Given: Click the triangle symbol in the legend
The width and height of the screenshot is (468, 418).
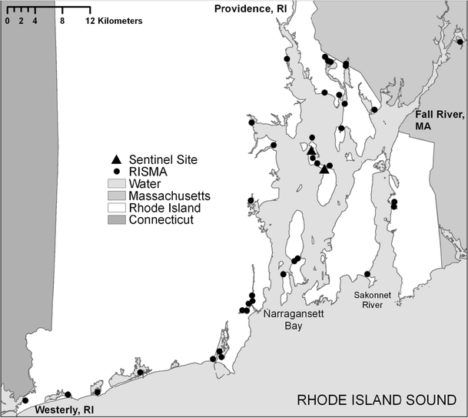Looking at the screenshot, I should point(117,159).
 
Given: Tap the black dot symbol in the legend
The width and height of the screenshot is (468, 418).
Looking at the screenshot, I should point(117,172).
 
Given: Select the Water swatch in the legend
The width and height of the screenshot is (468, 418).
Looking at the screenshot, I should point(117,184).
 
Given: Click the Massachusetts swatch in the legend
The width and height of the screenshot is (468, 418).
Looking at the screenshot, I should point(117,196).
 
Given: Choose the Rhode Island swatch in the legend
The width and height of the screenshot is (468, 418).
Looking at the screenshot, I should point(117,209).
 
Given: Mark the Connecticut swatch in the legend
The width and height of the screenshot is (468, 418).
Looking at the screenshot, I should point(117,221).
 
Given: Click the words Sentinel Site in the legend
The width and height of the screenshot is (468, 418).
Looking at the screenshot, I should point(164,159).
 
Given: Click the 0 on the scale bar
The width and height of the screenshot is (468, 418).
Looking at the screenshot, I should point(7,21).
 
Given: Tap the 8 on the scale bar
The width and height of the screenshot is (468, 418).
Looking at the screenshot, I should point(62,21).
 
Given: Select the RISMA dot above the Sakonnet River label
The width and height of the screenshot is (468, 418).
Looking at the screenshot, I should point(367,274).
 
